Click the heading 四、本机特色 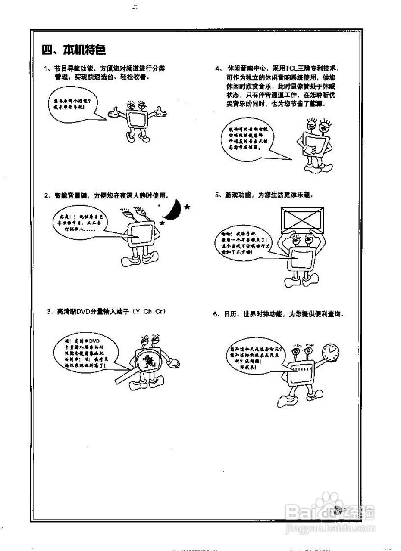(74, 50)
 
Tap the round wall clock (331, 353)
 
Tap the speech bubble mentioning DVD (82, 351)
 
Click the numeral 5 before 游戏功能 (218, 195)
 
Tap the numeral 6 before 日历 (215, 314)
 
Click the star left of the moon (162, 223)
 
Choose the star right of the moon (187, 207)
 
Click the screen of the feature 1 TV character (137, 119)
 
